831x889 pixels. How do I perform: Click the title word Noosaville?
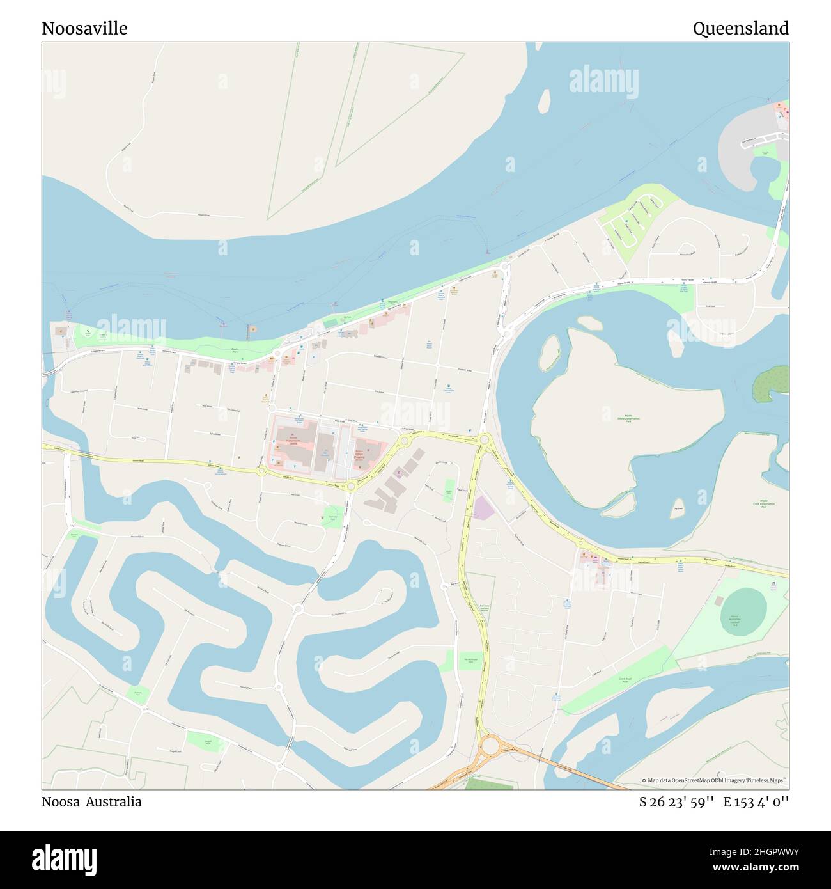(x=84, y=29)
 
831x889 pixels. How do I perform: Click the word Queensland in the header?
(x=740, y=29)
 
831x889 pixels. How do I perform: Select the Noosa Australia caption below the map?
(x=91, y=801)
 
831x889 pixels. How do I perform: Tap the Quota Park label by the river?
(x=234, y=351)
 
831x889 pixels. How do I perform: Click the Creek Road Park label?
(x=625, y=681)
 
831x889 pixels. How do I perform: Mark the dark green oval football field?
(x=743, y=610)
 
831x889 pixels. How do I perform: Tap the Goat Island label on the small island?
(x=678, y=509)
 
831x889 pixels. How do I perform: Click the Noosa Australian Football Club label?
(x=734, y=620)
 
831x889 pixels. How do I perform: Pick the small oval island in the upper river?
(x=545, y=100)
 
